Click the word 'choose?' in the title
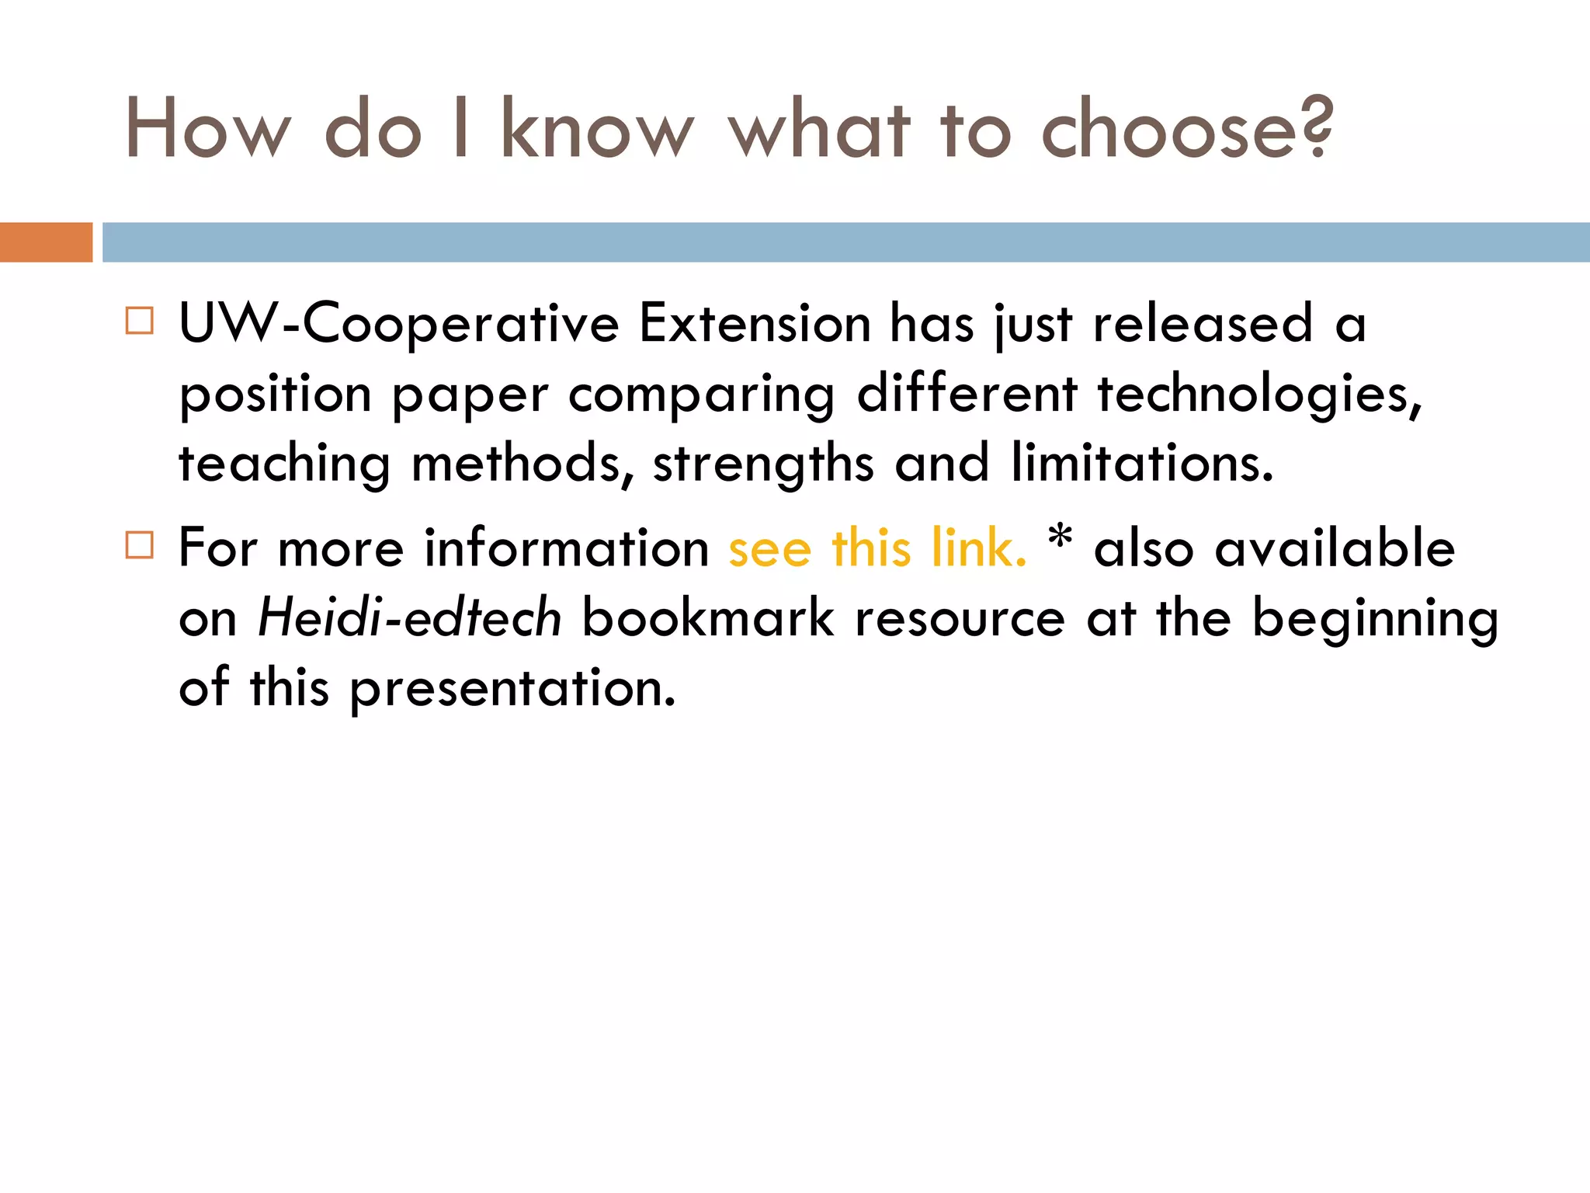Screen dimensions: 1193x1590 (1186, 129)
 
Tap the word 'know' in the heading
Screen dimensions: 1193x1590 (596, 129)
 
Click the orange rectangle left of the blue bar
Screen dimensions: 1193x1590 (46, 242)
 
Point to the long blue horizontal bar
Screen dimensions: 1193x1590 (845, 242)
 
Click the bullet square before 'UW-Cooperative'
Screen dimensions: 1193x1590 (140, 321)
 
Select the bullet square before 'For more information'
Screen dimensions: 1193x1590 (140, 545)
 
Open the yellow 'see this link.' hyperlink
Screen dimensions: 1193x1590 (877, 548)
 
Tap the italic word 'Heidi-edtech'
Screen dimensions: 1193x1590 (410, 618)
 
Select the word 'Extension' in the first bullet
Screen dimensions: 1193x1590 (755, 324)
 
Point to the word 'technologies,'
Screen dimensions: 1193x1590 (1259, 394)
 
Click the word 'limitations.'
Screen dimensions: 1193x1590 (1142, 464)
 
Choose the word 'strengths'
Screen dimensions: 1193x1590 (763, 464)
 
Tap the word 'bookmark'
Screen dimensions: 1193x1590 (708, 618)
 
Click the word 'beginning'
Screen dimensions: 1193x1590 (1375, 618)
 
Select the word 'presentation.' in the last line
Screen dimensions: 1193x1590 (513, 688)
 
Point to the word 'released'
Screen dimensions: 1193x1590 (1203, 324)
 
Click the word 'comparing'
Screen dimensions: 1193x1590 (702, 394)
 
